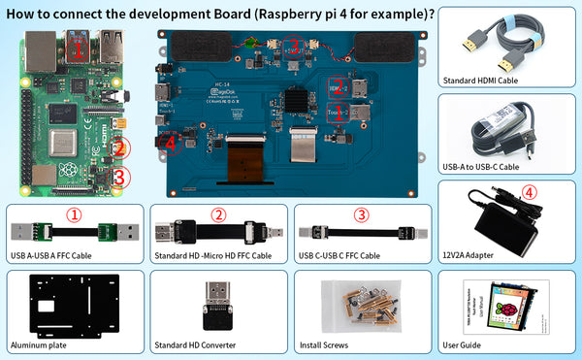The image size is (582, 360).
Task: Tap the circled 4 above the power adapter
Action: point(529,192)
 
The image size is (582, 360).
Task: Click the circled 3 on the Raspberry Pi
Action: point(119,178)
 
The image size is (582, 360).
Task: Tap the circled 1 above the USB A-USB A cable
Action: point(74,214)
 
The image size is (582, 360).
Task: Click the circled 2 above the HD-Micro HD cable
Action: point(218,214)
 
